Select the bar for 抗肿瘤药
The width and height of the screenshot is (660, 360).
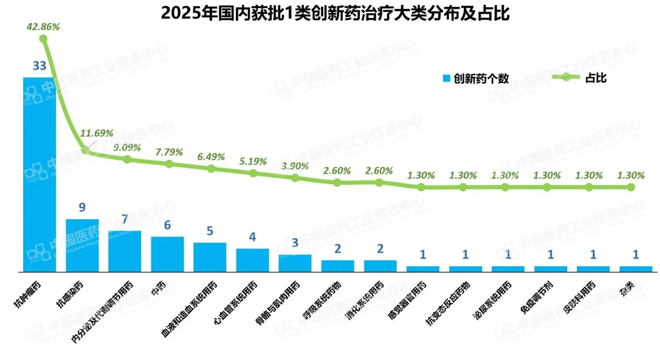[39, 174]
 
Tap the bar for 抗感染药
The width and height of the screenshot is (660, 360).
[82, 245]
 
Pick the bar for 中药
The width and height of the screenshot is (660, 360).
[167, 254]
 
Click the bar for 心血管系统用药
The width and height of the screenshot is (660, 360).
[252, 260]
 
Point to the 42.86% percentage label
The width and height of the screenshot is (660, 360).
[42, 27]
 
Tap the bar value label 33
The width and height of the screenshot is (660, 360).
[39, 66]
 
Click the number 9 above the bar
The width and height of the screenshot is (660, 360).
[82, 208]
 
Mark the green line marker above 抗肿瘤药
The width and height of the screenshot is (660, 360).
[43, 39]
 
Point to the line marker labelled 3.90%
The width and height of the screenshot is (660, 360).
[295, 178]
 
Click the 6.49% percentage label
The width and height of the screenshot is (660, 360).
[210, 156]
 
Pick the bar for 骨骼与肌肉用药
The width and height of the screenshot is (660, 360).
[295, 263]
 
